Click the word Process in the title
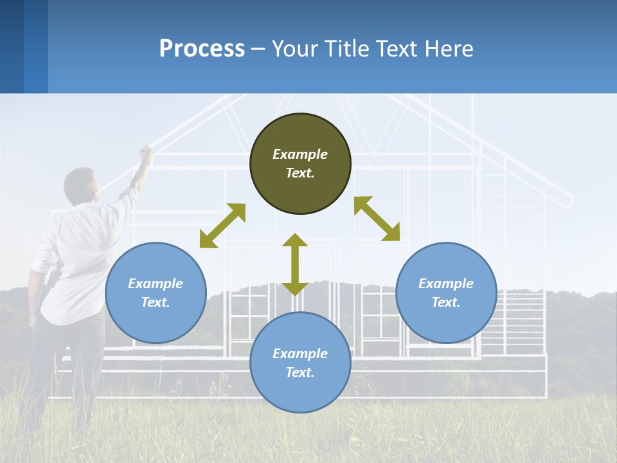[x=202, y=49]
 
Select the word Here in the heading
[x=448, y=49]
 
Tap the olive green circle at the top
[x=300, y=163]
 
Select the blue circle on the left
[x=156, y=293]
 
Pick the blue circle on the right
[x=446, y=293]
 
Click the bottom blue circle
[x=300, y=363]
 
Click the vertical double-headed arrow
[x=295, y=264]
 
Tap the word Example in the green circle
[x=300, y=154]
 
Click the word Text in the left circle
[x=156, y=302]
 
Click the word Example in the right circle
[x=446, y=284]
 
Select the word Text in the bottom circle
[x=300, y=372]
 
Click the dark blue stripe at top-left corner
[x=12, y=46]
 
